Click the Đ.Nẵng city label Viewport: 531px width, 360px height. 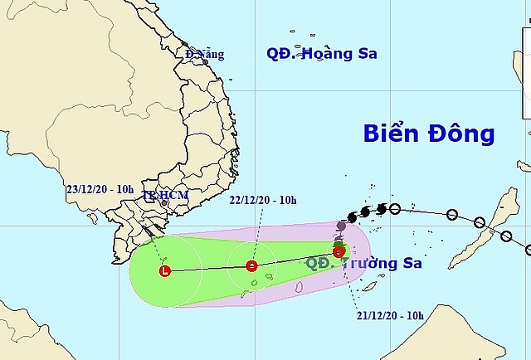(x=206, y=55)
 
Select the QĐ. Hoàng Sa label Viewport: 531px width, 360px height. (x=322, y=54)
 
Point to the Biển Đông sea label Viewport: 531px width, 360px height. (x=429, y=134)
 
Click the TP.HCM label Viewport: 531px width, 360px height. (x=165, y=195)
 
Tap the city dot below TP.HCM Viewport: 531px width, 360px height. (x=163, y=203)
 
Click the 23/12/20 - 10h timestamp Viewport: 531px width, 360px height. (x=100, y=189)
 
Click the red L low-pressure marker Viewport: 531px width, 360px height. (x=164, y=270)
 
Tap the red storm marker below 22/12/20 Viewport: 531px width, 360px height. (x=252, y=266)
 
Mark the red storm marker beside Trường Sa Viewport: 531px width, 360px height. (x=339, y=252)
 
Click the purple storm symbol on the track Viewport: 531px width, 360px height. (x=341, y=226)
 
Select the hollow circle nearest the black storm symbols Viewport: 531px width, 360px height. (x=395, y=209)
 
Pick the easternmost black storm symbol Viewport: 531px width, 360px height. (x=381, y=209)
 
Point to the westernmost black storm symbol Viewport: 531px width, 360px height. (x=352, y=218)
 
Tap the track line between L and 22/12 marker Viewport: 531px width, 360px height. (x=207, y=269)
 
